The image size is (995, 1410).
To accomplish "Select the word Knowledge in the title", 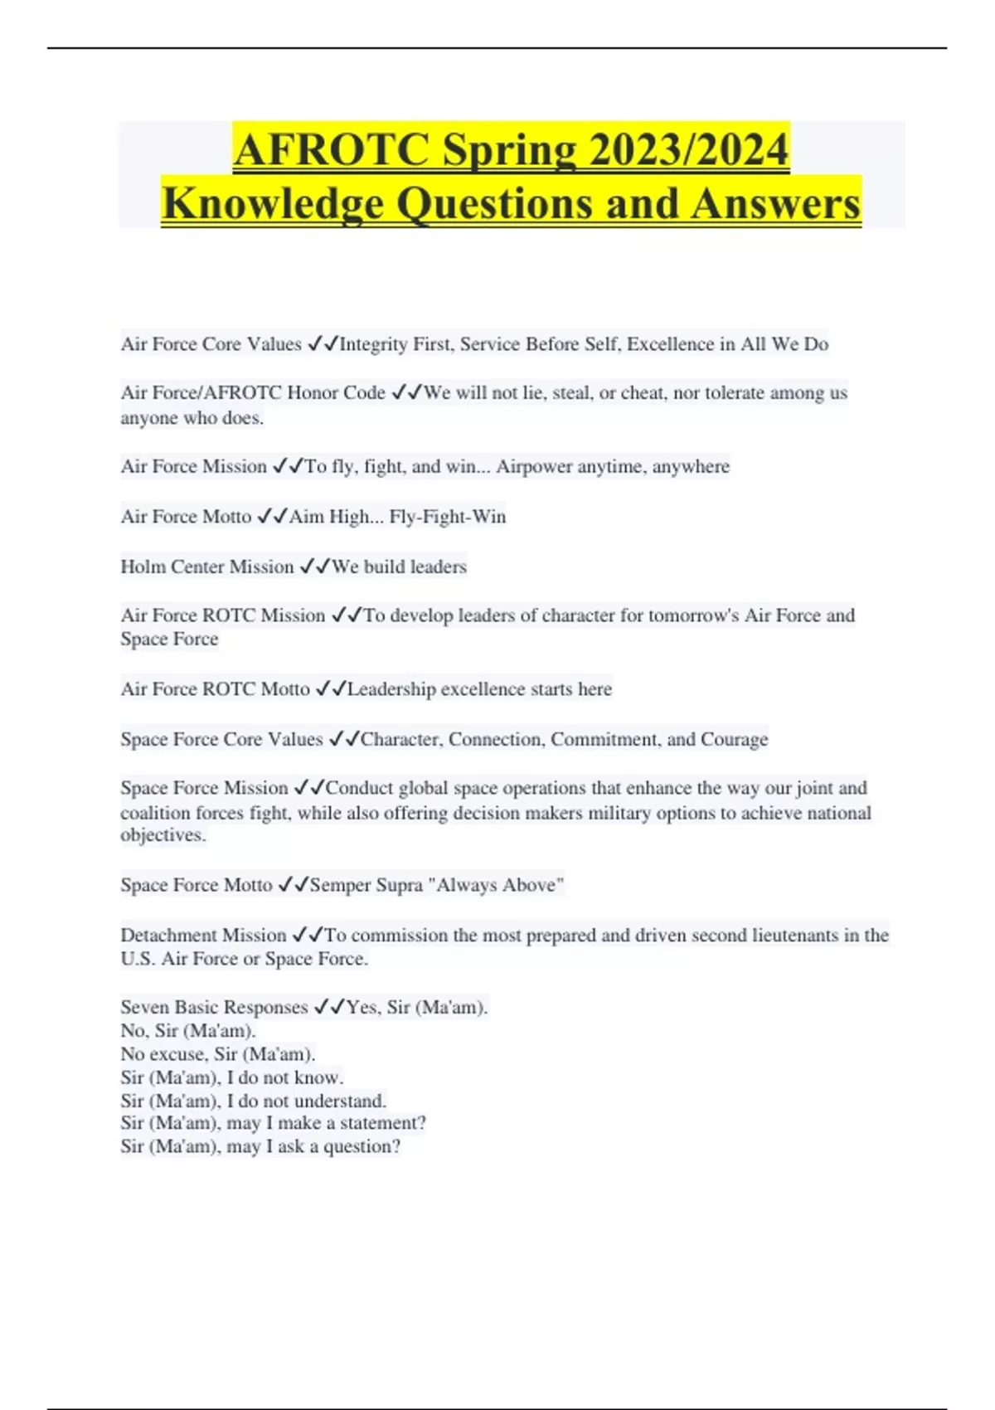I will (273, 204).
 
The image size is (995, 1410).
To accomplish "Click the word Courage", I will (734, 739).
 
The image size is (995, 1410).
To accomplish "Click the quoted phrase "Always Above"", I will (496, 885).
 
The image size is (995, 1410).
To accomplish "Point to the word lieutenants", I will (794, 936).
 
